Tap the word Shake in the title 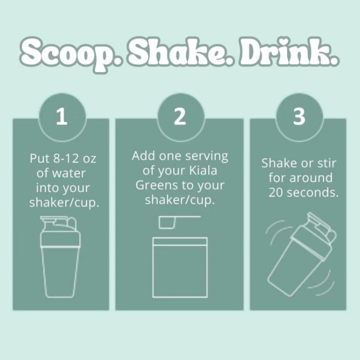pyautogui.click(x=181, y=52)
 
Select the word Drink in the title pyautogui.click(x=289, y=52)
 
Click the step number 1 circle pyautogui.click(x=62, y=117)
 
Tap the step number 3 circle pyautogui.click(x=299, y=117)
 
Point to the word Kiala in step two pyautogui.click(x=203, y=171)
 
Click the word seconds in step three pyautogui.click(x=313, y=193)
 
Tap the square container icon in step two pyautogui.click(x=180, y=267)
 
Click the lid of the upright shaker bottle pyautogui.click(x=60, y=232)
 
